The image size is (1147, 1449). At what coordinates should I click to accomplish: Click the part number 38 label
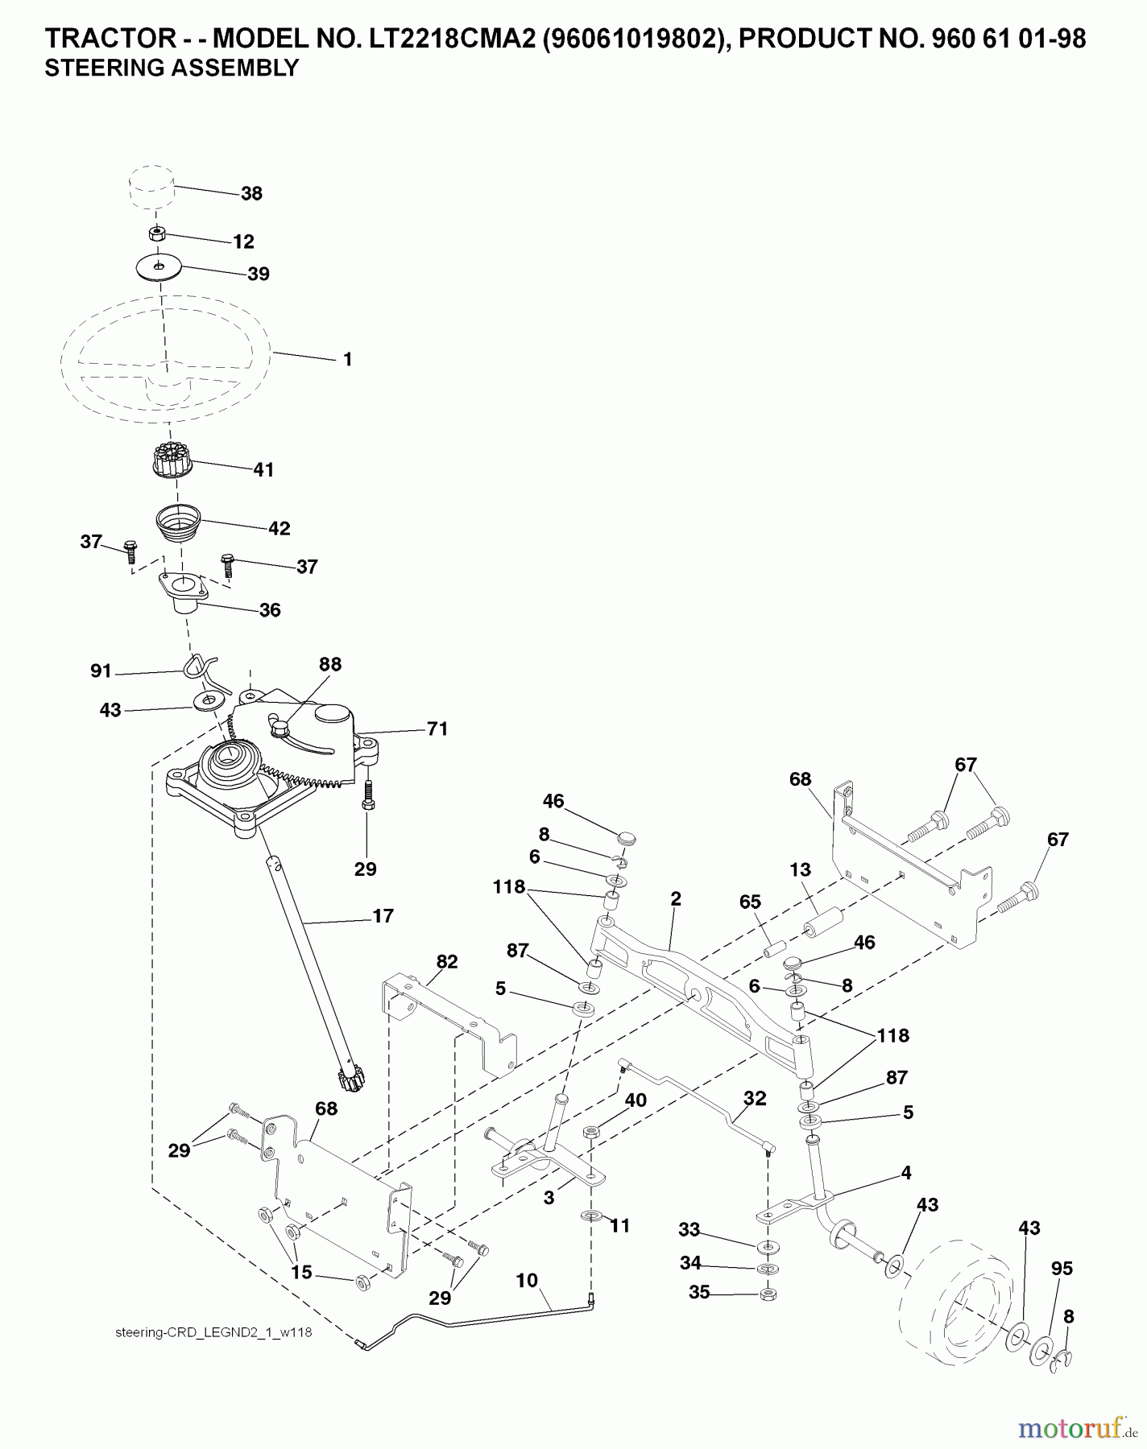[251, 194]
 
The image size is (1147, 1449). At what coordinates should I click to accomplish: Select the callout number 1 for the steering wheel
[347, 360]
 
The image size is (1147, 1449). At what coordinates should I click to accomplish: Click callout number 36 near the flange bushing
[270, 610]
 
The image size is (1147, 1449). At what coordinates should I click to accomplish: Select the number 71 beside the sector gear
[437, 729]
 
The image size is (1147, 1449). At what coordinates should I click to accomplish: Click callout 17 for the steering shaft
[383, 916]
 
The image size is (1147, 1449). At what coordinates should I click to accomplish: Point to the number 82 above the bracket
[447, 962]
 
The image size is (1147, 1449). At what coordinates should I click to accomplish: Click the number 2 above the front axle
[675, 899]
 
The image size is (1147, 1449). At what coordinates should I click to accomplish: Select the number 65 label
[750, 902]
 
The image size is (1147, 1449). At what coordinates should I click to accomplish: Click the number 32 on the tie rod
[755, 1098]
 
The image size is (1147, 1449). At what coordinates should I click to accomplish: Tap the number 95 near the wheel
[1062, 1269]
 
